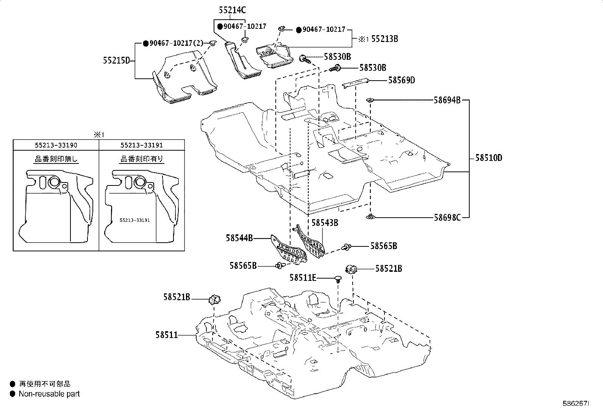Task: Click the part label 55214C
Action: coord(232,10)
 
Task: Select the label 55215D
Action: coord(117,61)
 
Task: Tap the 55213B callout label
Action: coord(384,39)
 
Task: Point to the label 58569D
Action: coord(401,80)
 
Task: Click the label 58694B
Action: coord(447,100)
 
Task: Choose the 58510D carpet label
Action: coord(489,158)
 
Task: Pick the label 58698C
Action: coord(447,217)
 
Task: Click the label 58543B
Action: coord(325,223)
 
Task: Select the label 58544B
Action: coord(239,238)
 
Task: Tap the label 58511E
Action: coord(303,278)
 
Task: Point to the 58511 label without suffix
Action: coord(167,335)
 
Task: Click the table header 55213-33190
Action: coord(56,145)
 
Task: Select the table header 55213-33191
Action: coord(142,145)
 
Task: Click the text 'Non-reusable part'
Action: coord(49,394)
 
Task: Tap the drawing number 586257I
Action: coord(576,404)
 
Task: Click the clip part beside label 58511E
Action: coord(338,279)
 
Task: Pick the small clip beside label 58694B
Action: coord(370,100)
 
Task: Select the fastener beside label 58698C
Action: coord(370,216)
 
